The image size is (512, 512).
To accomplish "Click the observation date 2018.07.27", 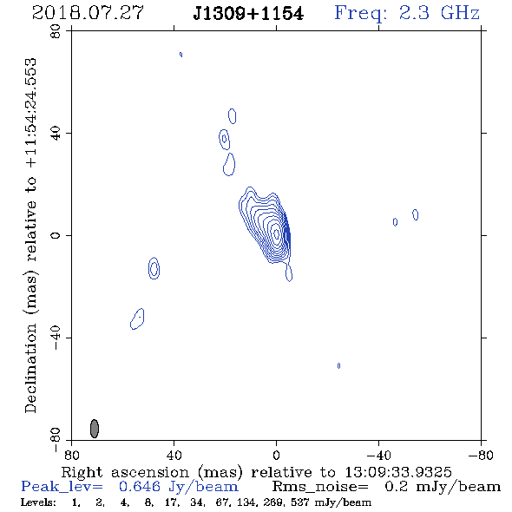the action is [x=88, y=13].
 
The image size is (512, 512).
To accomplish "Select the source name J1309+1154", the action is [x=248, y=14].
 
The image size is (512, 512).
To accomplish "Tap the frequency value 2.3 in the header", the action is [x=414, y=13].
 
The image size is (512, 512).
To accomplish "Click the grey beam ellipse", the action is [x=95, y=429].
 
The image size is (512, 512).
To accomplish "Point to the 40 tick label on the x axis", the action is [x=174, y=456].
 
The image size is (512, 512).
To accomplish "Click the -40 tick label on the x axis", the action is [x=378, y=456].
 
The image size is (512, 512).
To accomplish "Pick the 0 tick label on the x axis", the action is [x=276, y=456].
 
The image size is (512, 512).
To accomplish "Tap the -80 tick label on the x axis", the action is [x=481, y=456].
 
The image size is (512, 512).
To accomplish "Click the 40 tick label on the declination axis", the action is [x=56, y=134].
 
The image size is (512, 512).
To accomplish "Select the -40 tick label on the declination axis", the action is [x=56, y=338].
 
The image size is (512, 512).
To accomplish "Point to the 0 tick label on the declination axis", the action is [x=56, y=235].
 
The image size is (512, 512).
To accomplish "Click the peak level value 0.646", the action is [x=140, y=487].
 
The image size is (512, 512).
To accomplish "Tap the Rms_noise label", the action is [x=320, y=487].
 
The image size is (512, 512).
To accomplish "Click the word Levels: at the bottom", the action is [x=38, y=502].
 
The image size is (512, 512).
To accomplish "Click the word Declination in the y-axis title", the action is [x=30, y=368].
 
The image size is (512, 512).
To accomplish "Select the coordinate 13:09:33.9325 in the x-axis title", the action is [x=398, y=472].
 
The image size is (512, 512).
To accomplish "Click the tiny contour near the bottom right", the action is [x=338, y=365].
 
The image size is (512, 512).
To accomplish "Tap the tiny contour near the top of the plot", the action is [x=181, y=55].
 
